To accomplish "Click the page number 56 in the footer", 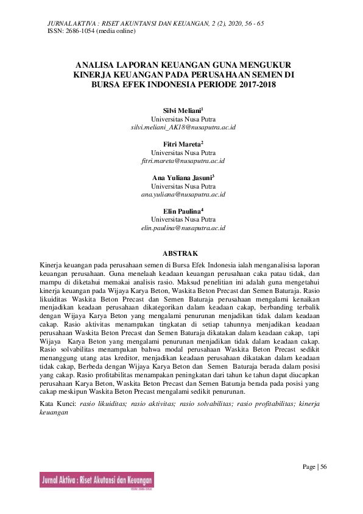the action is point(323,467).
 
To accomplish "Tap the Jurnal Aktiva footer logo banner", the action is point(96,480).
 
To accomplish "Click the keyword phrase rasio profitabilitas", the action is point(246,404).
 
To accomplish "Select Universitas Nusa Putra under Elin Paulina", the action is point(183,219).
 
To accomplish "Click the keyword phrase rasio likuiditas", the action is point(104,404).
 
